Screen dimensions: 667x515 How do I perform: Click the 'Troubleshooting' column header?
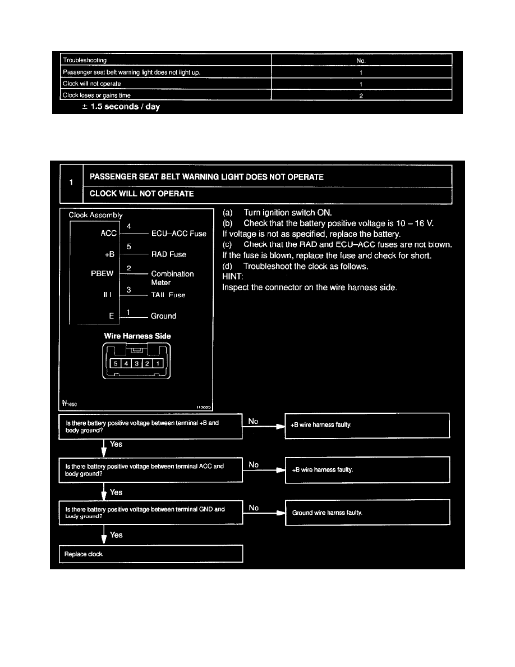85,60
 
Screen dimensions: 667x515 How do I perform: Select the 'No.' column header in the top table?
361,60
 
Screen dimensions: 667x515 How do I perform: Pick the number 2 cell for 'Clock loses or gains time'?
361,95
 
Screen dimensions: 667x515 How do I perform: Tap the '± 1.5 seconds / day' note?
121,107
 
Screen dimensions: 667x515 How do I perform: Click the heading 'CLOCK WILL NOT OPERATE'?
142,194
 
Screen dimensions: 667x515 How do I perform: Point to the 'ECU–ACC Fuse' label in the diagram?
178,234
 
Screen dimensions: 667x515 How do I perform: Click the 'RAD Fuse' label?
168,254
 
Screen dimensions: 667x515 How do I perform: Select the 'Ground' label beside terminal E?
163,316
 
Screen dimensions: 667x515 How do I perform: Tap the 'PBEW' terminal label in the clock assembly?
102,274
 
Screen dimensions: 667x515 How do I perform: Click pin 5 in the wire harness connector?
116,363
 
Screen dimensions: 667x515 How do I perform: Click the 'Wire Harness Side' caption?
137,336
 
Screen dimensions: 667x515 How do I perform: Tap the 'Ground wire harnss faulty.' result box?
367,513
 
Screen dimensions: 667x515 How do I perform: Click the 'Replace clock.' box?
150,554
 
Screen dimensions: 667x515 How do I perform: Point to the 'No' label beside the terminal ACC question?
254,464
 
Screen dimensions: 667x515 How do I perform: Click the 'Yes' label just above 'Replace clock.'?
116,535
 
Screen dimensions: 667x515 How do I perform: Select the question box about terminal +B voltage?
150,427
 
